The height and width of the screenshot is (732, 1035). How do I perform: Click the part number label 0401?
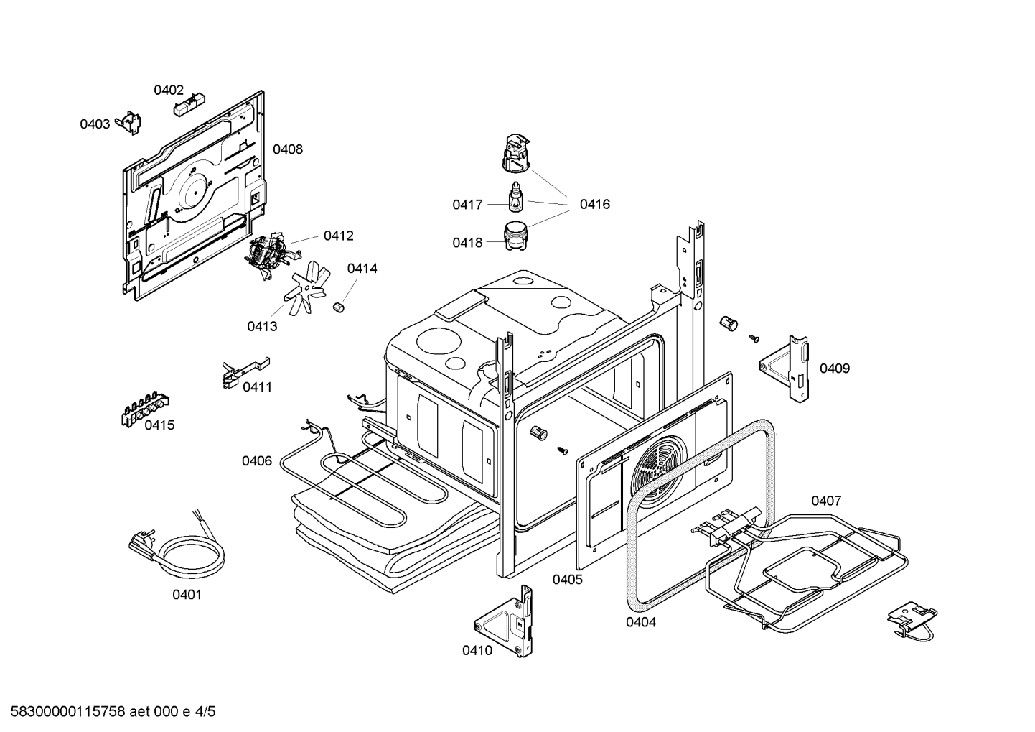click(187, 595)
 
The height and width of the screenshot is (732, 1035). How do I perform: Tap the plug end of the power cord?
click(142, 542)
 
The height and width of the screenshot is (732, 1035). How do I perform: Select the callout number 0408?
click(288, 149)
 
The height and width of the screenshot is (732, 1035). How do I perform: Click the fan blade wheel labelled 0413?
click(306, 288)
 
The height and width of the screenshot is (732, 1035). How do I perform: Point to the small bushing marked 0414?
click(339, 307)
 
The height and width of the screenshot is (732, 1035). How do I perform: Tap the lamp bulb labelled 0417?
click(515, 198)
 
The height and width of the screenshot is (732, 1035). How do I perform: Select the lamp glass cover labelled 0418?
click(515, 236)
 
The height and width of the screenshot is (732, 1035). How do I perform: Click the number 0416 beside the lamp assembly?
click(595, 204)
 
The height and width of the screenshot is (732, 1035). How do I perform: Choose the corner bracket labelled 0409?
click(785, 369)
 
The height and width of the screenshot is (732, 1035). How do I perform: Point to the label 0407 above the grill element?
click(826, 501)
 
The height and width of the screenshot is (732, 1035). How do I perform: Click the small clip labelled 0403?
click(129, 123)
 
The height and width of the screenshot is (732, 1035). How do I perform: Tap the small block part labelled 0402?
click(189, 105)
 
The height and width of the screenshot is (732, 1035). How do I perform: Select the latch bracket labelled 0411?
click(245, 372)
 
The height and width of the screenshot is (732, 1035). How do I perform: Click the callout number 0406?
click(257, 461)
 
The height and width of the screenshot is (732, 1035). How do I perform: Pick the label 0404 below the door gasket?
click(641, 622)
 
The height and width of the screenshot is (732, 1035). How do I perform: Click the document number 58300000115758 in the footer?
click(67, 712)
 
